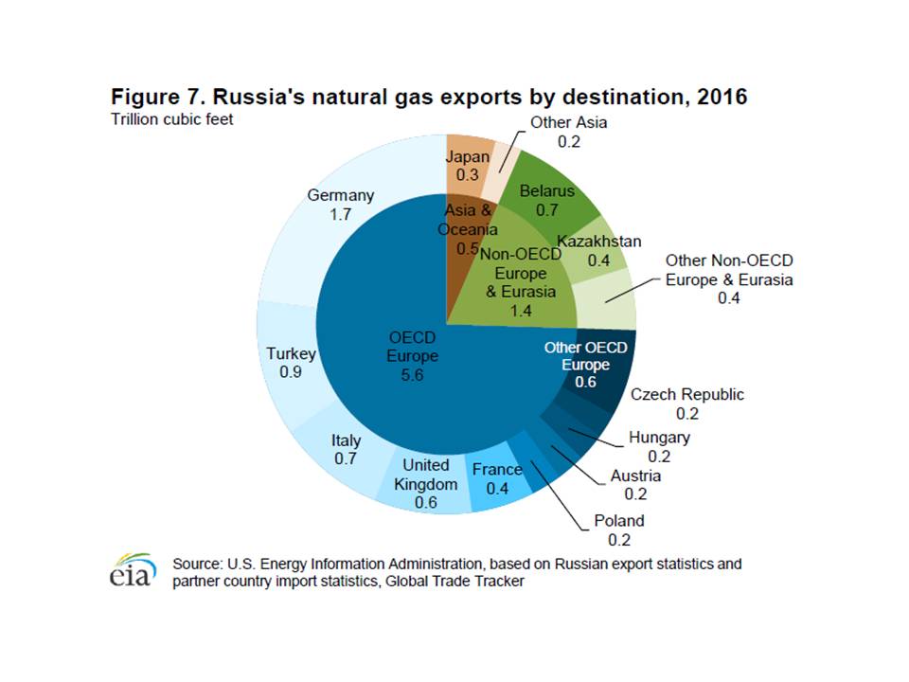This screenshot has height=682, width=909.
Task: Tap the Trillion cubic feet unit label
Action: click(x=170, y=119)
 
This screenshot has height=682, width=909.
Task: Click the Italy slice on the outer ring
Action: click(x=344, y=449)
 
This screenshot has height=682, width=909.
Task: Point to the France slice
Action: click(x=496, y=478)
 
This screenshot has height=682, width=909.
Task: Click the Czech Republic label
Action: click(x=687, y=395)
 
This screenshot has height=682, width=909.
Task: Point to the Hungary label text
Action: click(x=659, y=438)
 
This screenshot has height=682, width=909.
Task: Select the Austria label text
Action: click(x=635, y=476)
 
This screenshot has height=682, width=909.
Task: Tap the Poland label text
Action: click(x=618, y=520)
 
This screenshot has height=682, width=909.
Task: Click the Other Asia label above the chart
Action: click(x=568, y=122)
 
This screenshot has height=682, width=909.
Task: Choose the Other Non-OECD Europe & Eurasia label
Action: click(x=728, y=269)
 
